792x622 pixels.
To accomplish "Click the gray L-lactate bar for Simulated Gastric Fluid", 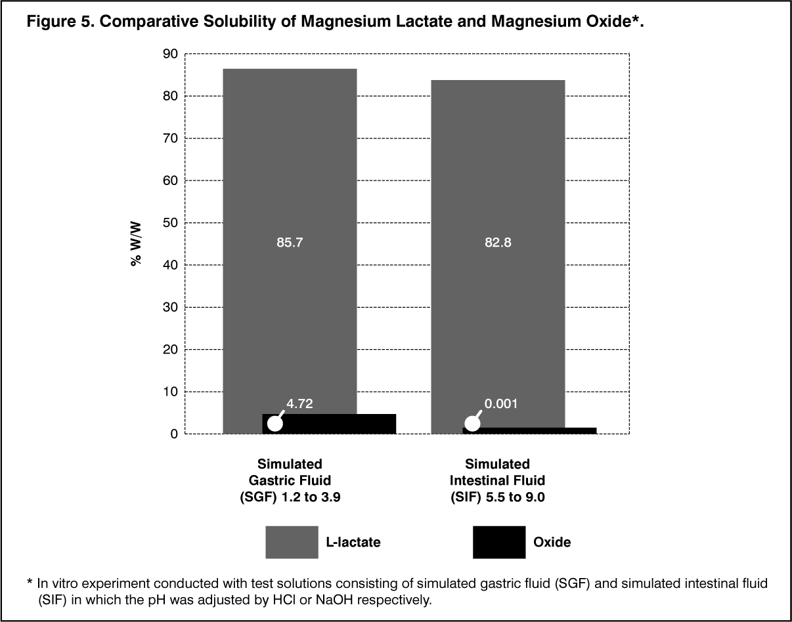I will tap(290, 164).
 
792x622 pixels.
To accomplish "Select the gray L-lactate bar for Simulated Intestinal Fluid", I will tap(497, 164).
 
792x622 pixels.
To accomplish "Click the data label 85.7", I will tap(290, 242).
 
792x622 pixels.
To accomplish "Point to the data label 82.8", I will tap(498, 242).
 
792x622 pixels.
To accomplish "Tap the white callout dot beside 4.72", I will tap(275, 424).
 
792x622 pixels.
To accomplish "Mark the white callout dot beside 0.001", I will tap(472, 425).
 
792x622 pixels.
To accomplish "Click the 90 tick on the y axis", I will tap(169, 54).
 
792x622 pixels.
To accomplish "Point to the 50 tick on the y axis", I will tap(169, 223).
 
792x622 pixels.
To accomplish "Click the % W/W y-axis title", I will tap(137, 243).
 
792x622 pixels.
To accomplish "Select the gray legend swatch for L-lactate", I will tap(292, 542).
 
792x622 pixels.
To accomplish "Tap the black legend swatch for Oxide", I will tap(498, 542).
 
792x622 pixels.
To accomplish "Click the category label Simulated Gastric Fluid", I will tap(290, 480).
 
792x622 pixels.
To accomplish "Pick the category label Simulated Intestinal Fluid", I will tap(497, 480).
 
